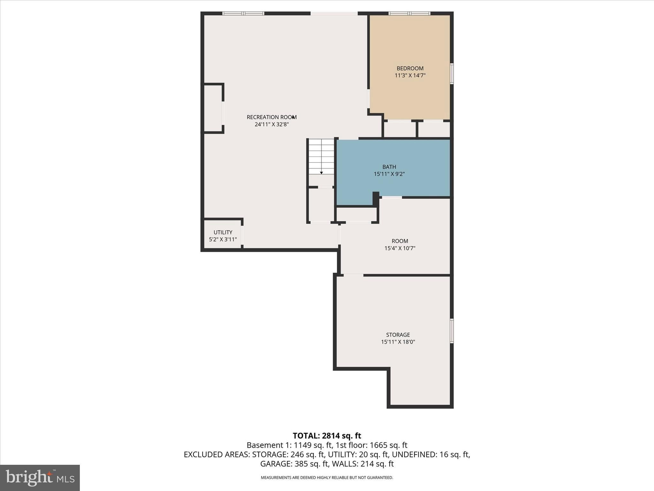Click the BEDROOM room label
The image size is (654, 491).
pos(410,68)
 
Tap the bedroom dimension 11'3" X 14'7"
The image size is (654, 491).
pos(410,76)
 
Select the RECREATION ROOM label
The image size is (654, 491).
pos(272,117)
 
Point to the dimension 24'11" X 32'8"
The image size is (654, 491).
pos(272,125)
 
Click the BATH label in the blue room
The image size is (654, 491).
pos(389,167)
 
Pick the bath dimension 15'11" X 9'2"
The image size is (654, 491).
pos(389,174)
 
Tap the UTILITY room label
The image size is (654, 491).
pos(223,232)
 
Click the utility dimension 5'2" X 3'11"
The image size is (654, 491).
pos(223,239)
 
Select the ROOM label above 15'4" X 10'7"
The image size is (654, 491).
pos(400,241)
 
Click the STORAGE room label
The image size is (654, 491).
pos(398,335)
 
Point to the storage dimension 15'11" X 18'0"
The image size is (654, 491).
pos(398,342)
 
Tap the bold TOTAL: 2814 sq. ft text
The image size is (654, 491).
pos(327,436)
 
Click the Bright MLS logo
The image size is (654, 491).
pos(40,478)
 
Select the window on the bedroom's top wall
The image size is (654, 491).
pos(409,13)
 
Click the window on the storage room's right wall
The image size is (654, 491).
pos(452,331)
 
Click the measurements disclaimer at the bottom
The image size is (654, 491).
pos(327,478)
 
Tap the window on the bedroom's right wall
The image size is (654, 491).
pos(452,74)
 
